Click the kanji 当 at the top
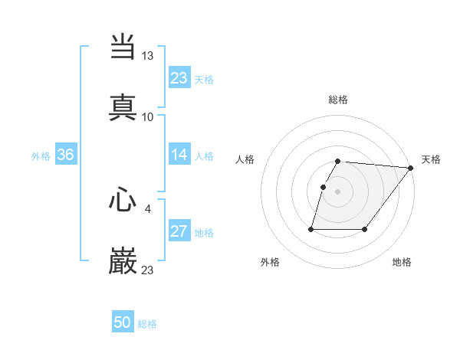coord(123,46)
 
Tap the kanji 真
coord(123,106)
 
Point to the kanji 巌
coord(123,260)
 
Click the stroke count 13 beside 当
coord(148,56)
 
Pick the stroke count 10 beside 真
coord(148,116)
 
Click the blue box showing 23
coord(179,78)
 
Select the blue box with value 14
coord(179,155)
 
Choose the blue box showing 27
coord(179,231)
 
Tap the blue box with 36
coord(66,155)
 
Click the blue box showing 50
coord(123,322)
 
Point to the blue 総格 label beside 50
coord(148,324)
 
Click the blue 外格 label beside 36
coord(41,156)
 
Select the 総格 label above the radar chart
coord(338,100)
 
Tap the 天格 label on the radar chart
coord(432,159)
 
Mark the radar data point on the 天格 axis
coord(410,168)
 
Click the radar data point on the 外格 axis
coord(311,228)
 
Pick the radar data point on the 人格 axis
coord(323,187)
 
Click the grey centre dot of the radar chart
coord(338,191)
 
